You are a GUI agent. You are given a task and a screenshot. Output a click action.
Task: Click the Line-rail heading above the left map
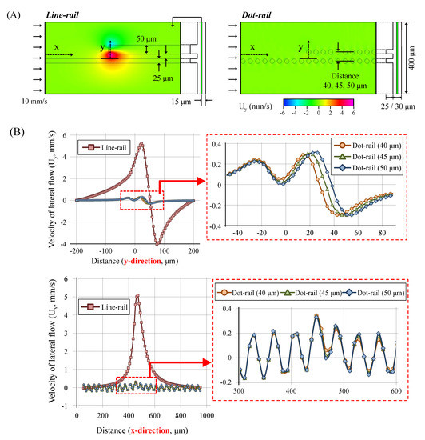62,15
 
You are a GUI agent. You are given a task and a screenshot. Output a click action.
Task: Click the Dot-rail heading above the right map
256,15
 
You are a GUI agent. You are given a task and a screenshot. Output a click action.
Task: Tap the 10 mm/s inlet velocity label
34,102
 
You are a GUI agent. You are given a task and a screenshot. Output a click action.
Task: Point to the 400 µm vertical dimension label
411,58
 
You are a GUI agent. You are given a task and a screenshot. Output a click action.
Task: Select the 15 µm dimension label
181,102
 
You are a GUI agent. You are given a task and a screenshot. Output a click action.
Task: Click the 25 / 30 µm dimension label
398,106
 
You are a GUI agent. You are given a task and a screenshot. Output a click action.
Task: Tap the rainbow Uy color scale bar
318,102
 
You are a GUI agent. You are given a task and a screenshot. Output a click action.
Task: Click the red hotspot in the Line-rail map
112,54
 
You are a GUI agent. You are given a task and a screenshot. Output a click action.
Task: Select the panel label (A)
14,15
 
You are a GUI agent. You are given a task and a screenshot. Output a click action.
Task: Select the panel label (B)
17,132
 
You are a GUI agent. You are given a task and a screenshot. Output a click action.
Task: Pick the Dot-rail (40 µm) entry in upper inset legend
367,146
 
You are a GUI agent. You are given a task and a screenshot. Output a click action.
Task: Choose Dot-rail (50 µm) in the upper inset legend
367,168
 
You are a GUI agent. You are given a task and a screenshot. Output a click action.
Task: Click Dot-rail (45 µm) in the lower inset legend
312,293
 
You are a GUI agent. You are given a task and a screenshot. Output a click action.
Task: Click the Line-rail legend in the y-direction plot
104,148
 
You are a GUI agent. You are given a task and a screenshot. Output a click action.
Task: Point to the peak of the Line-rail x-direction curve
137,295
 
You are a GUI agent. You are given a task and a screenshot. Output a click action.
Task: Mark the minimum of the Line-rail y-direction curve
157,243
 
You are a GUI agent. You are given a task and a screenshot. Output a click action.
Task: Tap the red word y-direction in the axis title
142,261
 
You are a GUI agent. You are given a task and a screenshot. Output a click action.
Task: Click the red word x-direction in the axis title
150,430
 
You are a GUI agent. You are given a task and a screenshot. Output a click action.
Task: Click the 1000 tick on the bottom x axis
206,415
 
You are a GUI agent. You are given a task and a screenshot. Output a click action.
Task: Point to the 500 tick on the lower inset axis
344,391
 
